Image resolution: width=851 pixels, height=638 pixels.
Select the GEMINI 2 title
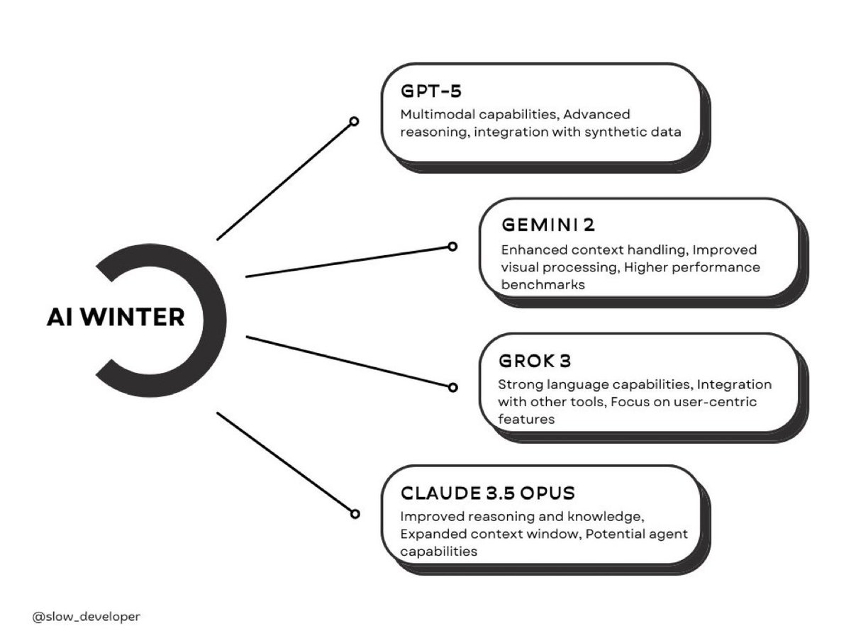(x=547, y=225)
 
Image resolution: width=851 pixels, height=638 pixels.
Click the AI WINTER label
(x=116, y=318)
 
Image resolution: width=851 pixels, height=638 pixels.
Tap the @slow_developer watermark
(x=86, y=616)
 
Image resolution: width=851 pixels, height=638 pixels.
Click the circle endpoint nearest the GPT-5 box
(x=354, y=121)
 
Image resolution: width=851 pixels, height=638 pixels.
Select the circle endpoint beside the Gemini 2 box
(x=452, y=247)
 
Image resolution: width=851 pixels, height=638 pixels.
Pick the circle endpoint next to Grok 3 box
(x=452, y=387)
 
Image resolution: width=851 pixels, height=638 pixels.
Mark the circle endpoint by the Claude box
(x=354, y=514)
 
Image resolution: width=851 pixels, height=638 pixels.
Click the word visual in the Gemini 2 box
(x=521, y=268)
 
